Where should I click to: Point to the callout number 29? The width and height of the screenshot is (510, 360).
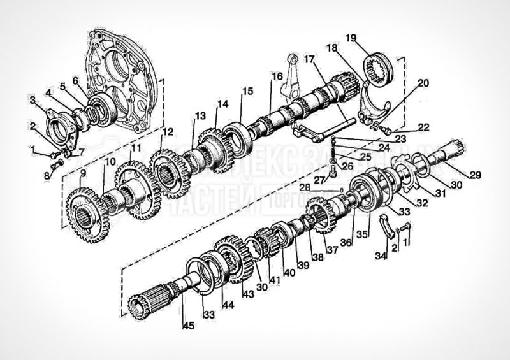(x=476, y=175)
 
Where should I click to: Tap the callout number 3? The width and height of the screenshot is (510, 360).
(x=32, y=100)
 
